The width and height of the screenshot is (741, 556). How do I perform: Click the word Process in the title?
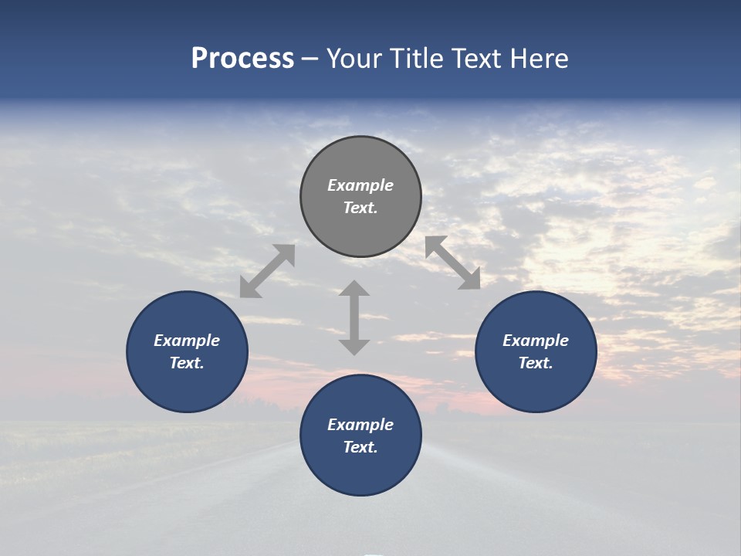click(x=242, y=59)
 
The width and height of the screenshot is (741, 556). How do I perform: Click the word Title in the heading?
click(x=417, y=59)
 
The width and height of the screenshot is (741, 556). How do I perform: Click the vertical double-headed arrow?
click(x=354, y=317)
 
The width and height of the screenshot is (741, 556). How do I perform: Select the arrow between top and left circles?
click(x=267, y=270)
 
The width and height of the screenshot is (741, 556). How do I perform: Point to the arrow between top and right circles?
click(x=452, y=263)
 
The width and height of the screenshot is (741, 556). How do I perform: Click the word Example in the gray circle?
click(x=360, y=185)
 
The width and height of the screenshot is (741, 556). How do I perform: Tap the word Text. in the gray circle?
click(x=360, y=208)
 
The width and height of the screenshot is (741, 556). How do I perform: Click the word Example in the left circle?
click(x=187, y=341)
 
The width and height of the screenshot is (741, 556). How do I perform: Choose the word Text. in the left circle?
click(x=187, y=363)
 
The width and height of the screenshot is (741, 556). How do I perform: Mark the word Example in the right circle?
click(x=536, y=341)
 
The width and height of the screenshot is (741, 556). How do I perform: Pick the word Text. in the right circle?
click(x=536, y=363)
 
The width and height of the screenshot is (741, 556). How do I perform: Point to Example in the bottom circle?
click(x=360, y=425)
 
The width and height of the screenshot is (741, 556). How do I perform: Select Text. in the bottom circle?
click(x=360, y=447)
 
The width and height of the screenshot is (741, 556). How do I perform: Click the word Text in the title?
click(x=478, y=59)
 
